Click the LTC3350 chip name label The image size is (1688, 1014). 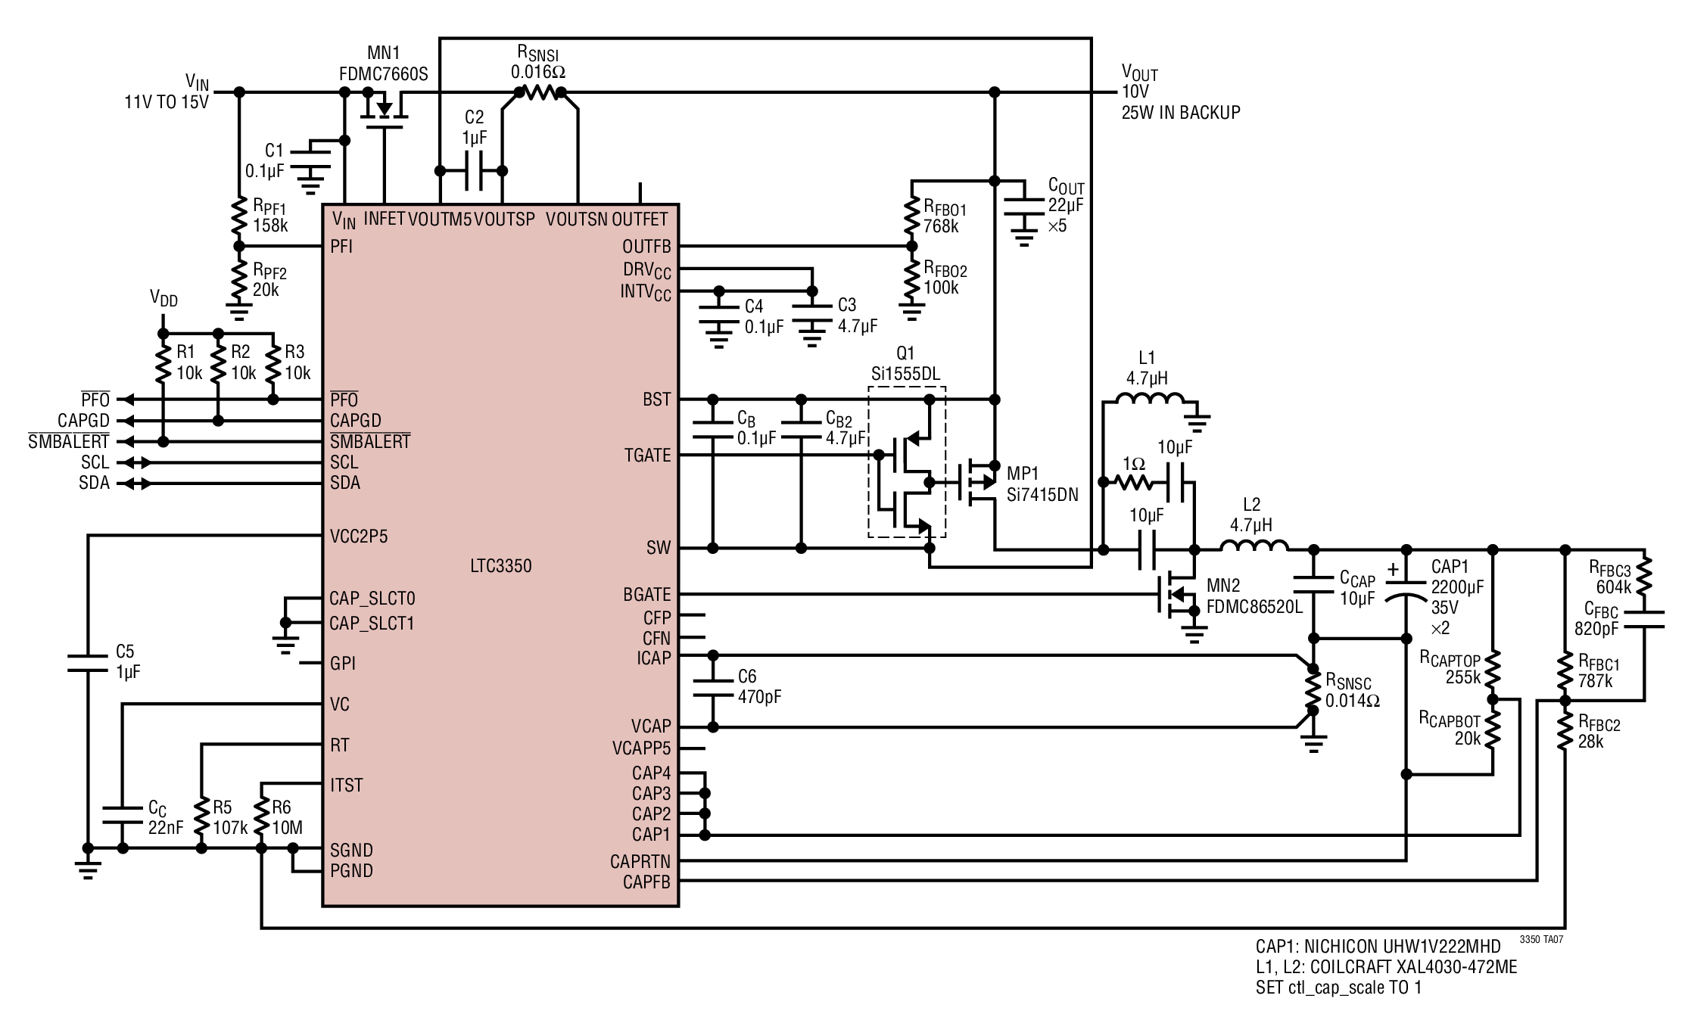(500, 566)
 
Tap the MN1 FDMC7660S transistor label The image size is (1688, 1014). (384, 64)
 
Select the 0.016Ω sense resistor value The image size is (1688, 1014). (537, 72)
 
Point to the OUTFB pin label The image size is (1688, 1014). (646, 247)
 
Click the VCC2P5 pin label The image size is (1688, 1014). (359, 537)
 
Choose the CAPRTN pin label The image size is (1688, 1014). (640, 862)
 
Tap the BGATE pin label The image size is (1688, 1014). (647, 595)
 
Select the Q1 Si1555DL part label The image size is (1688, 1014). (905, 364)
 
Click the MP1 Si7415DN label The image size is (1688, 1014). (1042, 484)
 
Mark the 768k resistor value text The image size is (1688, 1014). (941, 226)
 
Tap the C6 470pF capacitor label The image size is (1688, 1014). (759, 686)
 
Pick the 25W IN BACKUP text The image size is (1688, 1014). (1181, 113)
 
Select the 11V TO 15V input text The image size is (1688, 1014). (167, 101)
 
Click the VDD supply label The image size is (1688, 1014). (164, 299)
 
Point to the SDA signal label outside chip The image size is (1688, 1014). (94, 483)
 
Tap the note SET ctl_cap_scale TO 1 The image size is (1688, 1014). (1338, 988)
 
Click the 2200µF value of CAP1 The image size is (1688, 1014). (1457, 587)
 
